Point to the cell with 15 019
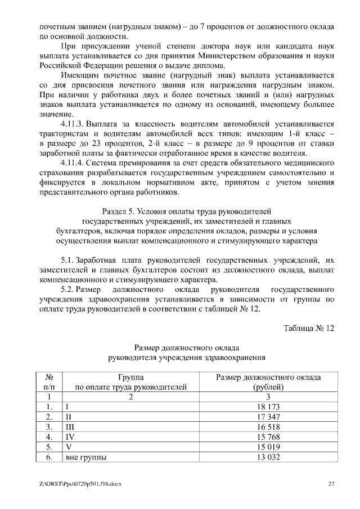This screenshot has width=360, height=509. pos(268,447)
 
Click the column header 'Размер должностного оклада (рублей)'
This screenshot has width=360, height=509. pos(268,382)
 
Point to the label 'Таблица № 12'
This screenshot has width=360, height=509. pos(309,328)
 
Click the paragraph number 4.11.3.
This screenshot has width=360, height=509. pos(71,124)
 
